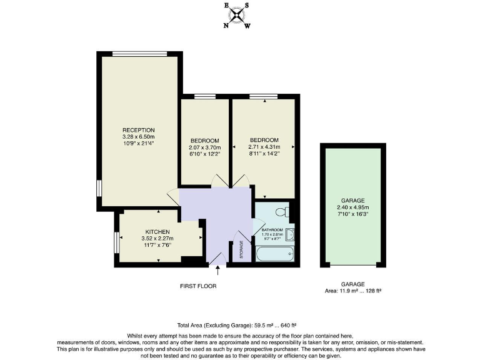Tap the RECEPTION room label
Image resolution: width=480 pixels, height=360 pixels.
click(138, 130)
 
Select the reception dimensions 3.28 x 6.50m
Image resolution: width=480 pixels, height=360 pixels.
click(138, 137)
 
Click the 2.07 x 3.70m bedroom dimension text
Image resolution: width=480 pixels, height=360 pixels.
click(204, 147)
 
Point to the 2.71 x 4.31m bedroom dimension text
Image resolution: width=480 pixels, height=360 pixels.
click(263, 147)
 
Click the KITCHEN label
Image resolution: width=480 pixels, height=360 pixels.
click(157, 232)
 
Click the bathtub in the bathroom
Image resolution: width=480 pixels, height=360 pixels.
click(274, 253)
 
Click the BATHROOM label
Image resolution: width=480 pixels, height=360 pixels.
click(272, 230)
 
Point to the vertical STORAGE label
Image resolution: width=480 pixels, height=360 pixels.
click(241, 250)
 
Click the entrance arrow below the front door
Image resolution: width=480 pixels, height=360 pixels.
click(217, 270)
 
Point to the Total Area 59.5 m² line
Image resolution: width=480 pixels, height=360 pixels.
click(236, 325)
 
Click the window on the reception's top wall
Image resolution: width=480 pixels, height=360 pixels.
click(139, 53)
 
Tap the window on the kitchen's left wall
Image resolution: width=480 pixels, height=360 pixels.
click(117, 242)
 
